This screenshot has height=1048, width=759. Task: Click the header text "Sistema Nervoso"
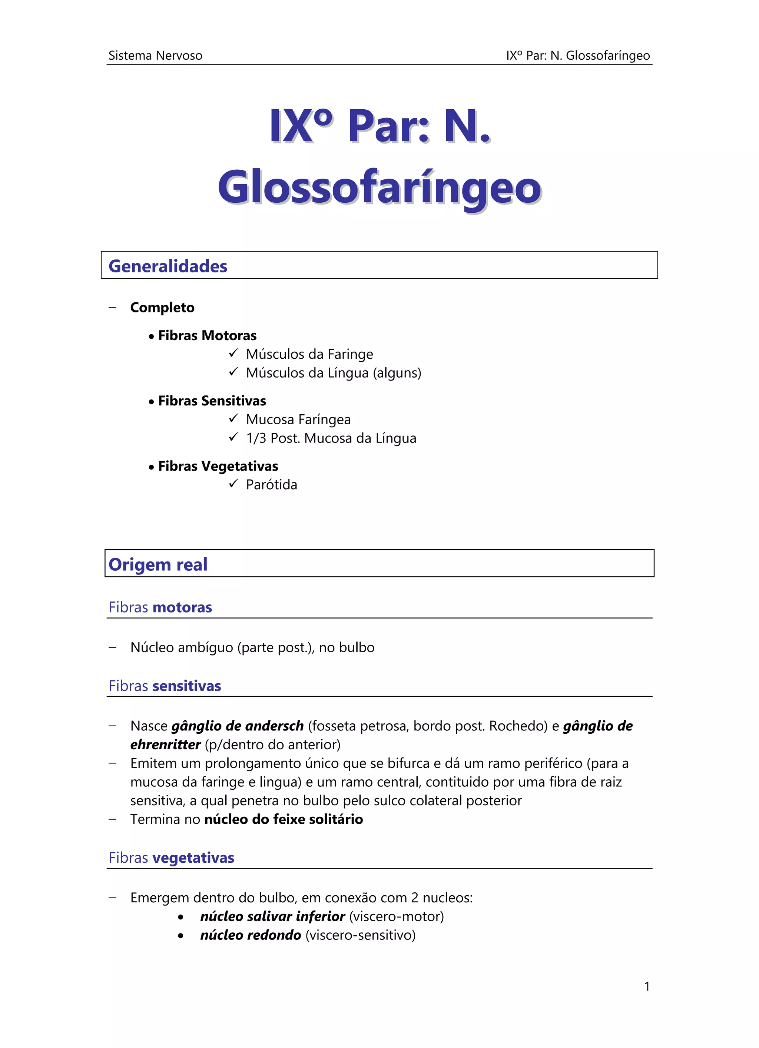coord(155,56)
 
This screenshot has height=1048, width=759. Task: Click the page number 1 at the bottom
coord(647,986)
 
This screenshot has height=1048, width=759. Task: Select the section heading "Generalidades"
coord(168,266)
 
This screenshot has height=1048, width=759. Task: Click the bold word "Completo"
coord(162,307)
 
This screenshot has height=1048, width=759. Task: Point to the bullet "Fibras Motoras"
coord(207,335)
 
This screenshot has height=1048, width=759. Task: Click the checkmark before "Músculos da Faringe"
coord(233,354)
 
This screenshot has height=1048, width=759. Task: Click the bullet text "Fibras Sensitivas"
coord(212,401)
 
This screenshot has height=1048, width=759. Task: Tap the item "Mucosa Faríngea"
coord(298,419)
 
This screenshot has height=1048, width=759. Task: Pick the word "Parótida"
coord(271,485)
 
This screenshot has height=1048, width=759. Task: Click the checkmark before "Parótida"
coord(233,484)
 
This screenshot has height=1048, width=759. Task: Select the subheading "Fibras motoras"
coord(160,607)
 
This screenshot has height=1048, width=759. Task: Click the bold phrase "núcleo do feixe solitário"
coord(284,819)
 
